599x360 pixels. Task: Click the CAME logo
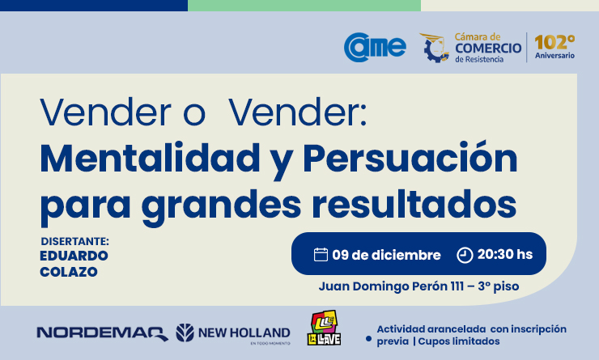375,47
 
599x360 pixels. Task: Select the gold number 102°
554,42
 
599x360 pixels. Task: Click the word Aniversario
554,55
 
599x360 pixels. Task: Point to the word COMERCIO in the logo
488,48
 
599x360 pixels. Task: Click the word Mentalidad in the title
150,158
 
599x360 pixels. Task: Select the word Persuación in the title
410,157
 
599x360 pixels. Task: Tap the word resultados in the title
414,204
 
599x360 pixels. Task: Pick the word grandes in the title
222,207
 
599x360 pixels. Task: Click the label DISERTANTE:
74,242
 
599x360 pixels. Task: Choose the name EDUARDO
74,256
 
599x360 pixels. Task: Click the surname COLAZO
69,272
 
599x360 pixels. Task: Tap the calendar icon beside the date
321,255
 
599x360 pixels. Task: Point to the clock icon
465,255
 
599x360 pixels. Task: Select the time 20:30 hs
505,254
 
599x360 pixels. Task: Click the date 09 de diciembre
386,255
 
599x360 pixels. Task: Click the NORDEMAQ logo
102,333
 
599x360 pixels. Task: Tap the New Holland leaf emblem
185,332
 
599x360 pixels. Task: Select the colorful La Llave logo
324,328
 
